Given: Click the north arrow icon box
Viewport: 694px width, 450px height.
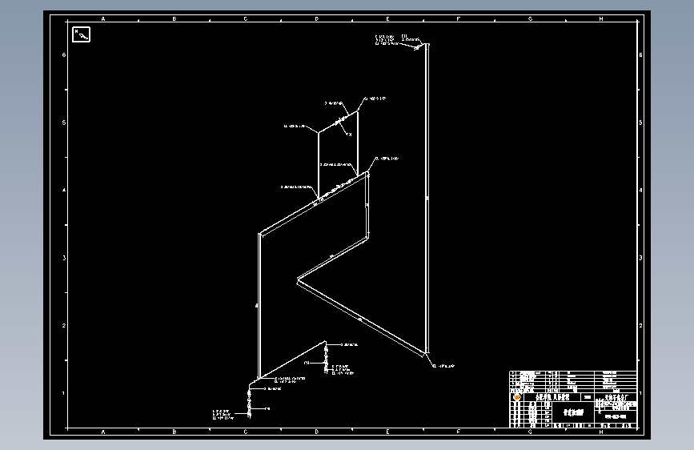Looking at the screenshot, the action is [82, 34].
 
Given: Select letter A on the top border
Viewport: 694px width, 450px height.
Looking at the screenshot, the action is [103, 18].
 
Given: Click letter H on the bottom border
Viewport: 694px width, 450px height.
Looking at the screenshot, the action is [601, 432].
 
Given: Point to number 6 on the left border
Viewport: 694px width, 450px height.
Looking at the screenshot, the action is [64, 54].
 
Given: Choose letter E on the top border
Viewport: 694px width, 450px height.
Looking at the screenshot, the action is [388, 18].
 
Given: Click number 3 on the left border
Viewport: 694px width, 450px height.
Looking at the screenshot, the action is [64, 258].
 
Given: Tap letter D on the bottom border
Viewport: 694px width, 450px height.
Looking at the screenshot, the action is [317, 432].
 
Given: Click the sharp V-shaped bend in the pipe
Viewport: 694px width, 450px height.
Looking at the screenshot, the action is [299, 280].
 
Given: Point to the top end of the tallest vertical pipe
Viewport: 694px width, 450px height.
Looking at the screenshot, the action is [427, 45].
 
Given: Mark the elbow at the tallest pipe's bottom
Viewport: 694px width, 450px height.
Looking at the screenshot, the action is [427, 353].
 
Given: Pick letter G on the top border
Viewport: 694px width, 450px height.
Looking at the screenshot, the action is [530, 18].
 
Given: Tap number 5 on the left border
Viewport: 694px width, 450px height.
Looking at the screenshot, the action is [64, 123].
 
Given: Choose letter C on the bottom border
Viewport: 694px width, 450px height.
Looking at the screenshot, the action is [246, 432].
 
